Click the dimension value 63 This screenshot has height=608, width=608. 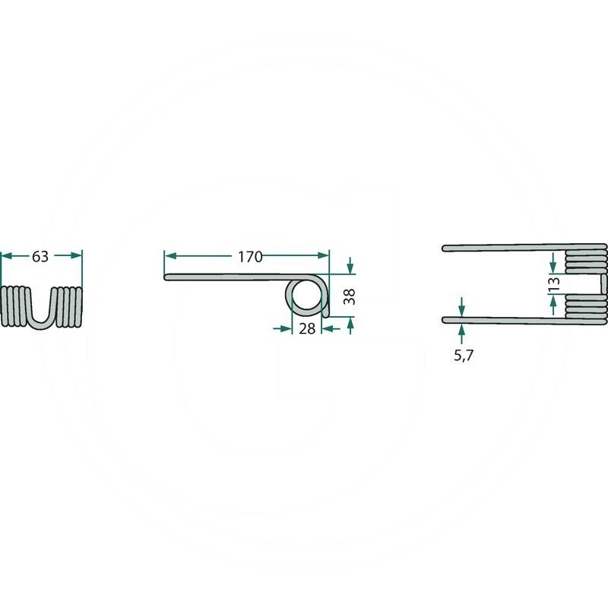pos(40,256)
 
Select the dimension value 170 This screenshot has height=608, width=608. pos(250,257)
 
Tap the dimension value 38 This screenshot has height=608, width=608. pos(350,296)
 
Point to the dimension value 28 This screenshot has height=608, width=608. pos(307,329)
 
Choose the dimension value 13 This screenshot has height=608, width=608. pos(555,283)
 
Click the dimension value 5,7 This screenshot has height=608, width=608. pos(464,355)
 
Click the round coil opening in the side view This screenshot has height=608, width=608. pos(307,295)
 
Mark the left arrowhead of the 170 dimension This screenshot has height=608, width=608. pos(170,256)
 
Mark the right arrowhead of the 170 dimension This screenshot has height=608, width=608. pos(323,255)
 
